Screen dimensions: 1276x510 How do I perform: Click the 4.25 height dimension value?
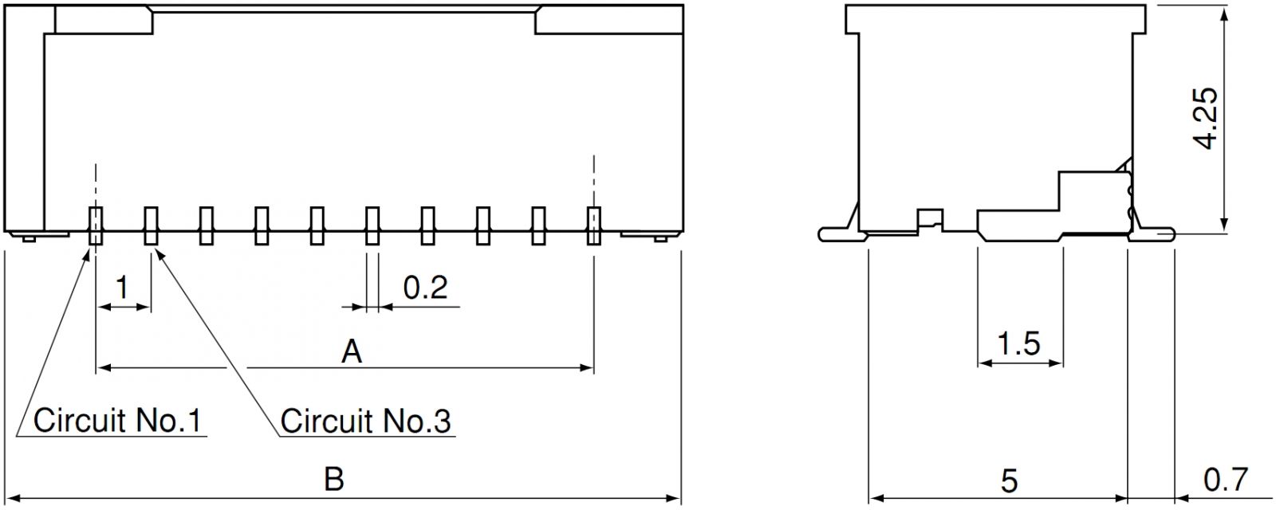click(x=1204, y=119)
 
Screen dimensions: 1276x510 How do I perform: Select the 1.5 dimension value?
click(x=1019, y=343)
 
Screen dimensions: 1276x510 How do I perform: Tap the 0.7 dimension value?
click(x=1225, y=479)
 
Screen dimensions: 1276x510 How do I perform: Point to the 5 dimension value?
click(x=1009, y=481)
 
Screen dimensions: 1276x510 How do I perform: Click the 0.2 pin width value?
click(x=426, y=288)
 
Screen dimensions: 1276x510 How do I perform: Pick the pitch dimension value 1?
click(x=122, y=288)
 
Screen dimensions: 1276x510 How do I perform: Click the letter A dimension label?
click(x=352, y=351)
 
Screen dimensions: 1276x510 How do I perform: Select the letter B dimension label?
click(x=334, y=479)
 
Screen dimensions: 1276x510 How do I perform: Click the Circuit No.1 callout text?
click(x=117, y=420)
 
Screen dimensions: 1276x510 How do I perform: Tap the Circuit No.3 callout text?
click(x=366, y=421)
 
